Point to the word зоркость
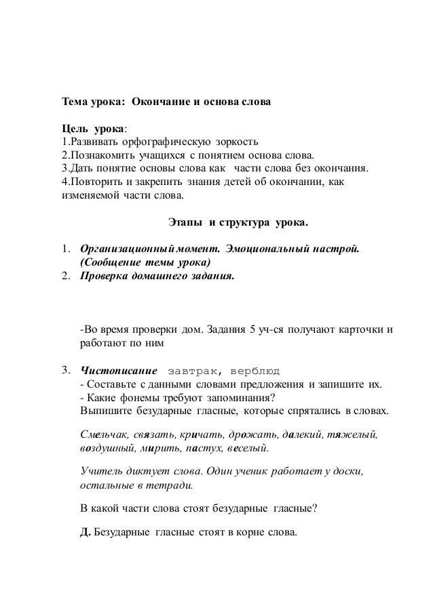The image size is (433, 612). [237, 142]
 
